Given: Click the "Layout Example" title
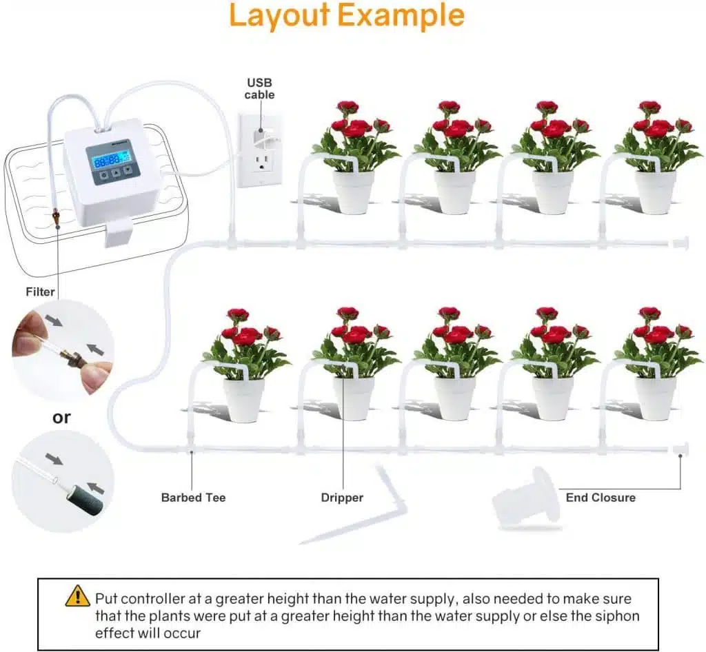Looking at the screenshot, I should (x=346, y=15).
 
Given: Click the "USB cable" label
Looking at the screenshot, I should (x=259, y=89).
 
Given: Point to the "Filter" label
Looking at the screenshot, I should (x=40, y=292).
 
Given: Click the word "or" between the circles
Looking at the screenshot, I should (x=61, y=418).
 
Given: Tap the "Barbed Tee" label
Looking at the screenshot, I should (x=193, y=497).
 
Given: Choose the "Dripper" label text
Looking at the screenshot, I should (x=342, y=497).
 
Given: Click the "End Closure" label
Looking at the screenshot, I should (x=601, y=497).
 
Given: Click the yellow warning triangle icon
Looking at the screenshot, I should (x=77, y=595).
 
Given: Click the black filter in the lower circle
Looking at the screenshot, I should (x=84, y=500).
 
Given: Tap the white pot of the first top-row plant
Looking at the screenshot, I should (x=353, y=192).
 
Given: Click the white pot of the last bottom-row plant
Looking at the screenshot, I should (x=655, y=398).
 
